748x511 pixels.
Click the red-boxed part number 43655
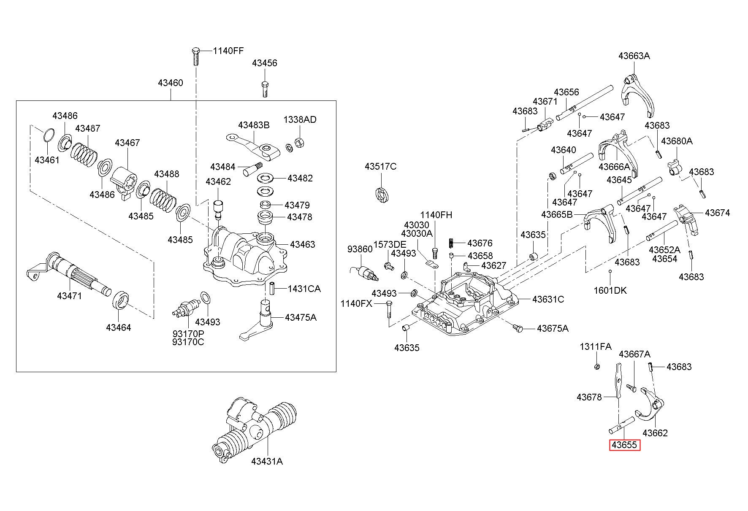[x=624, y=445]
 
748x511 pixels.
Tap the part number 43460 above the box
[x=171, y=83]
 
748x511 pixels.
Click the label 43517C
[x=381, y=167]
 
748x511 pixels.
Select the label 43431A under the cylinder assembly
[x=267, y=461]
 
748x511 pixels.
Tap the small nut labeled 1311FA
[x=596, y=366]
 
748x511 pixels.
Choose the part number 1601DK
[x=610, y=290]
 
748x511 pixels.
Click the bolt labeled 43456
[x=264, y=89]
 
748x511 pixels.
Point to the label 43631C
[x=548, y=299]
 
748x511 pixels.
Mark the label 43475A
[x=301, y=317]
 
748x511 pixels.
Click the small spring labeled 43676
[x=451, y=243]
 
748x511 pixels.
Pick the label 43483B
[x=254, y=125]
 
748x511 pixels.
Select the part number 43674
[x=717, y=213]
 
